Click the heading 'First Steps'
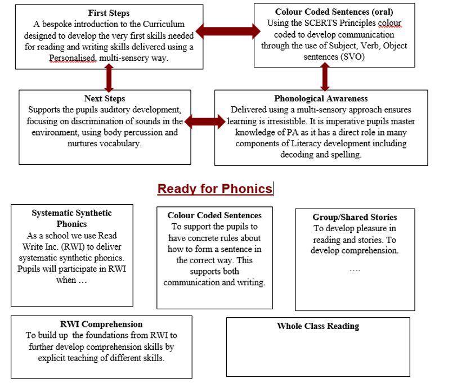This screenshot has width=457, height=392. [109, 13]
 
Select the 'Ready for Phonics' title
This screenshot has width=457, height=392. [215, 189]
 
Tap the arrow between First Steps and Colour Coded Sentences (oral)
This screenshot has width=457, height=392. [228, 31]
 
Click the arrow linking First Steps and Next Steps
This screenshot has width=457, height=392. [109, 78]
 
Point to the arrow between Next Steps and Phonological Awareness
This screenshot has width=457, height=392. [205, 121]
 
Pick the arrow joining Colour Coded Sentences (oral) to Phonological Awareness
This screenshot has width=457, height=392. [325, 77]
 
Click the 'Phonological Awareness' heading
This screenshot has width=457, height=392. [321, 98]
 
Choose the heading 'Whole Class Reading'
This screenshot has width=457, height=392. [318, 326]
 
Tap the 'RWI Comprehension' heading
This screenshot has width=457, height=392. [101, 324]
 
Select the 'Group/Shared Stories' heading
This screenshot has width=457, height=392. [355, 217]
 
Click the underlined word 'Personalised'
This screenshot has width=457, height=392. [73, 58]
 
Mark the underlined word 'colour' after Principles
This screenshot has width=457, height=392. [389, 22]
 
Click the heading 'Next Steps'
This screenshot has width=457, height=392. [105, 98]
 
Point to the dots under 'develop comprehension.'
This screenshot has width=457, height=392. [355, 271]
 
